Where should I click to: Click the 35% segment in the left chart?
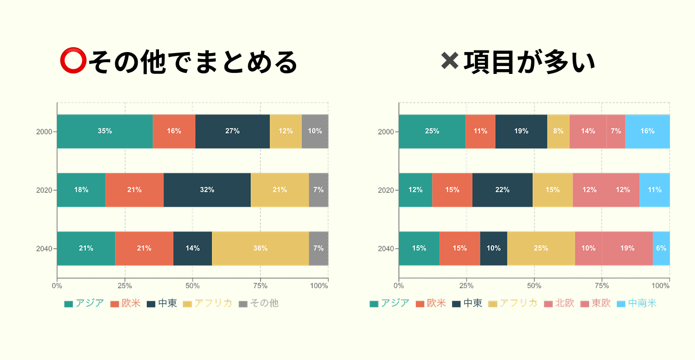pos(105,131)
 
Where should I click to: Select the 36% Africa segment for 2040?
pos(260,248)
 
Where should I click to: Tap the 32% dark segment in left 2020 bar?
pos(207,190)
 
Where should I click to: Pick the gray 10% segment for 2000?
pos(315,131)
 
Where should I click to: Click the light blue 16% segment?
pos(647,131)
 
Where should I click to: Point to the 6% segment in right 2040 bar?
pos(661,248)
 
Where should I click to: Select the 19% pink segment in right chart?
pos(627,248)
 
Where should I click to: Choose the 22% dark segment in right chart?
pos(502,190)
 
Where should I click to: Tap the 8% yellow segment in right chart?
pos(558,131)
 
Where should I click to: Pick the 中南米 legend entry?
pos(637,304)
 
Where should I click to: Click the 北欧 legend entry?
pos(559,304)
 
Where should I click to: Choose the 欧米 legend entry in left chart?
pos(125,304)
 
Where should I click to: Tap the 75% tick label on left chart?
pos(260,286)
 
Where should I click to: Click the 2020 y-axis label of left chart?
pos(44,190)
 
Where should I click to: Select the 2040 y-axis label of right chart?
pos(386,248)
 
